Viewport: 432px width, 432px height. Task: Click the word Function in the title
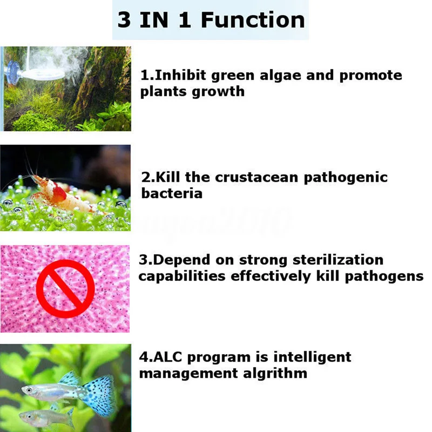[x=253, y=20]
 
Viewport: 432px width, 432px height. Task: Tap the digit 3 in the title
[x=125, y=20]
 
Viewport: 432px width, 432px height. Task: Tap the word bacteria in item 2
[x=172, y=193]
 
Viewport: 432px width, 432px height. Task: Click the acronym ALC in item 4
[x=170, y=357]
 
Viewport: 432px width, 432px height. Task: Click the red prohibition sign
[x=65, y=288]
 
